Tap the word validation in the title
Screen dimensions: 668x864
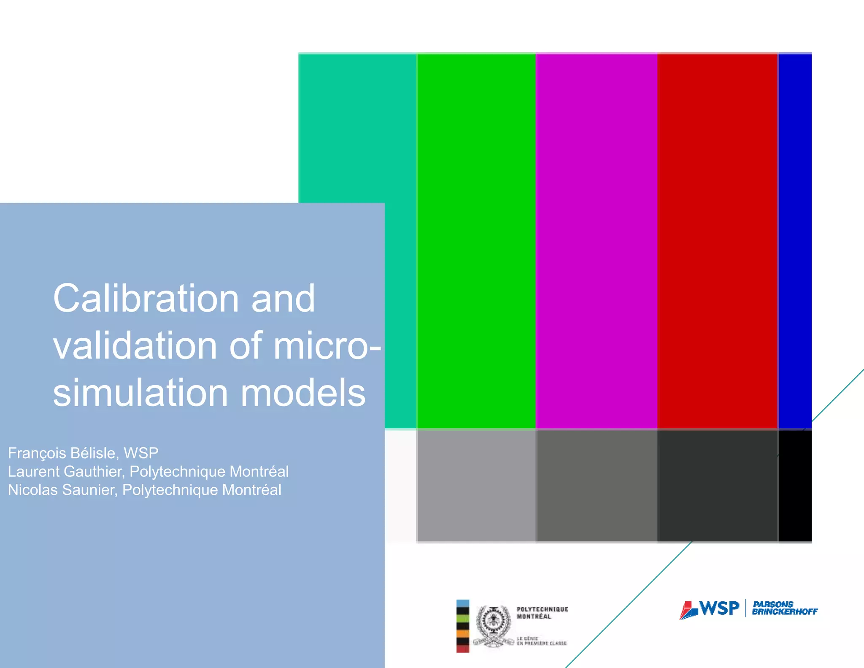coord(135,346)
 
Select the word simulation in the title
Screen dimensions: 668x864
coord(140,393)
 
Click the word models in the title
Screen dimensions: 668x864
coord(303,393)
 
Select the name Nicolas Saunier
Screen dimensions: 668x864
coord(62,490)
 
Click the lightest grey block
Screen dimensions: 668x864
coord(476,486)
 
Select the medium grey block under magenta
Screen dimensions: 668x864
coord(596,486)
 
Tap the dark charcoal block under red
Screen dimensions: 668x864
coord(717,486)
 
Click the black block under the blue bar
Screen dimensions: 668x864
coord(795,486)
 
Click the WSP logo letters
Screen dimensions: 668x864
coord(720,608)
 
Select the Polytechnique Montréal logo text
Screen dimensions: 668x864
coord(542,613)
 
